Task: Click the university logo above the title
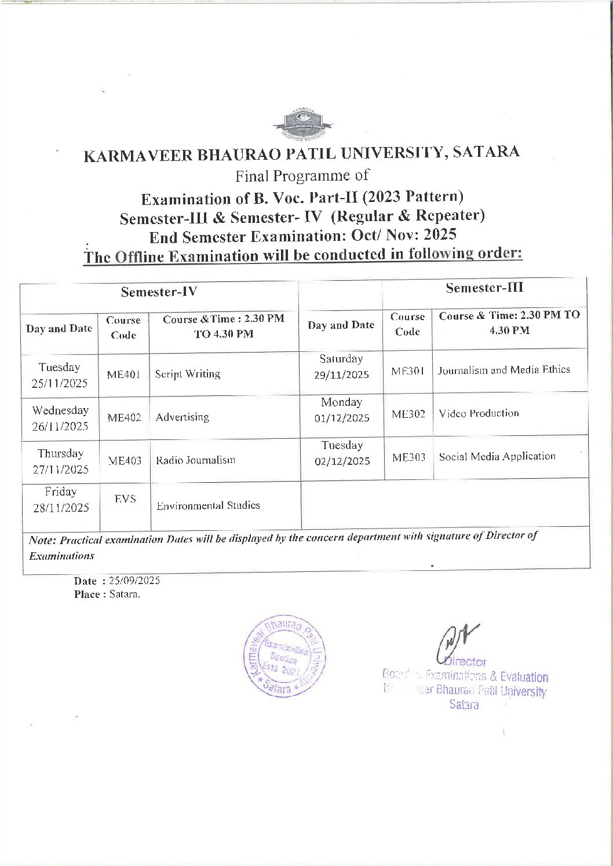pos(302,123)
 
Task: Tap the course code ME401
pos(123,374)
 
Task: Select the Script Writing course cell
pos(188,374)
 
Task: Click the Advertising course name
pos(183,417)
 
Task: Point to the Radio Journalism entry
pos(195,460)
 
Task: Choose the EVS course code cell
pos(125,499)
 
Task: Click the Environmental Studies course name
pos(208,505)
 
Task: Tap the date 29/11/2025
pos(341,375)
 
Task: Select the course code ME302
pos(408,414)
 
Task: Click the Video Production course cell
pos(479,413)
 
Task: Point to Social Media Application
pos(497,456)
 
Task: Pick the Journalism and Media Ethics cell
pos(503,370)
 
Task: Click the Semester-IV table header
pos(159,292)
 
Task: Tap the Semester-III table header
pos(484,288)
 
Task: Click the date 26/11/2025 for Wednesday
pos(60,427)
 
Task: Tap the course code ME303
pos(408,457)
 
